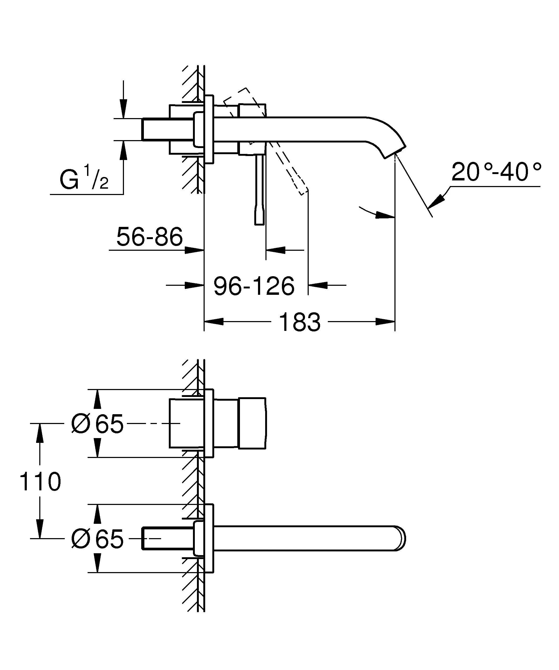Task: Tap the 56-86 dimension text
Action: [149, 237]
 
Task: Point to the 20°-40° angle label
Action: [496, 172]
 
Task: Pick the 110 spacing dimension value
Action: [40, 482]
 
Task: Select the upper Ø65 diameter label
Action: [97, 424]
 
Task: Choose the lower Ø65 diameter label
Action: [97, 539]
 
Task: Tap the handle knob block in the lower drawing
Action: [252, 423]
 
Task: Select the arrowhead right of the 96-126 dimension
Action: [318, 285]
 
